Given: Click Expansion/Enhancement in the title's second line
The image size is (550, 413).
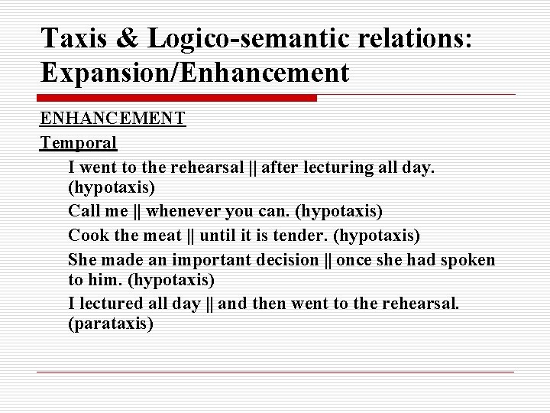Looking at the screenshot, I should point(195,73).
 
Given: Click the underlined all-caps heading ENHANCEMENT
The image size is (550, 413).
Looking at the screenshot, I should point(112,119).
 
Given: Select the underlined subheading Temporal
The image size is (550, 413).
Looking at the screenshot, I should point(79,142).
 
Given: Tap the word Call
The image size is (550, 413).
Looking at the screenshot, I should point(83,210).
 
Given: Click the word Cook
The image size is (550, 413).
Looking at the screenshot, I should point(86,234).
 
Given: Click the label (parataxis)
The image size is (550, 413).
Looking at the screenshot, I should point(111,324).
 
